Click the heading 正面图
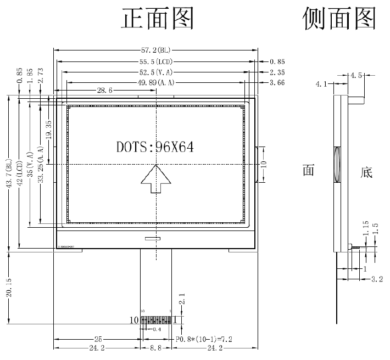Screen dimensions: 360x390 click(158, 19)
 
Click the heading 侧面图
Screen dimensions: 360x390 click(339, 19)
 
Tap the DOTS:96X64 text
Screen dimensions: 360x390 click(155, 147)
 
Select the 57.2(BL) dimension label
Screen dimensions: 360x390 click(156, 50)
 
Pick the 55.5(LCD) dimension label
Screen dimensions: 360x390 click(156, 61)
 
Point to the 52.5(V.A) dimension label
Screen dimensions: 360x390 click(156, 72)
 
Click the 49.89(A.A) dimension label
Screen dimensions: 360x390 click(156, 82)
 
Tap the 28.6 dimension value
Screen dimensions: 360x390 click(105, 91)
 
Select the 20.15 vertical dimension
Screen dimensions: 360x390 click(9, 288)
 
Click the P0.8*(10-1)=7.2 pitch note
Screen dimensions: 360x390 click(204, 340)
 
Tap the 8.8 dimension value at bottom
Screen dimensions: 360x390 click(155, 348)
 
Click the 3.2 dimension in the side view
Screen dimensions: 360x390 click(377, 279)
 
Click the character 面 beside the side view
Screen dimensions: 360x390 click(308, 170)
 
